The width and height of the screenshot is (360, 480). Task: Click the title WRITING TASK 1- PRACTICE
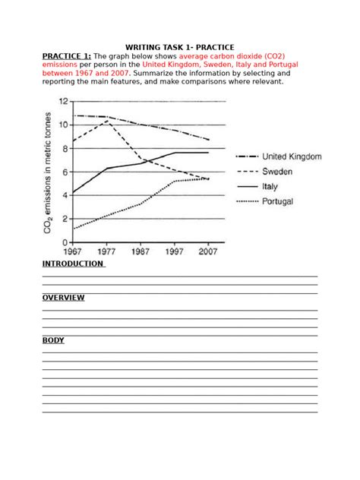179,46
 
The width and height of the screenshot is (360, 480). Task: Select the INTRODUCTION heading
72,264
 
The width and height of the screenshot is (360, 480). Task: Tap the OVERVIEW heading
63,298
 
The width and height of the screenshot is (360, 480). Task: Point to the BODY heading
53,340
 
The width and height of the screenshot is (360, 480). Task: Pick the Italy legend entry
270,187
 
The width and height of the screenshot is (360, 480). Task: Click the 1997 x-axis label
174,251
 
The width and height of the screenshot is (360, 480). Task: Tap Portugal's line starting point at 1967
74,228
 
